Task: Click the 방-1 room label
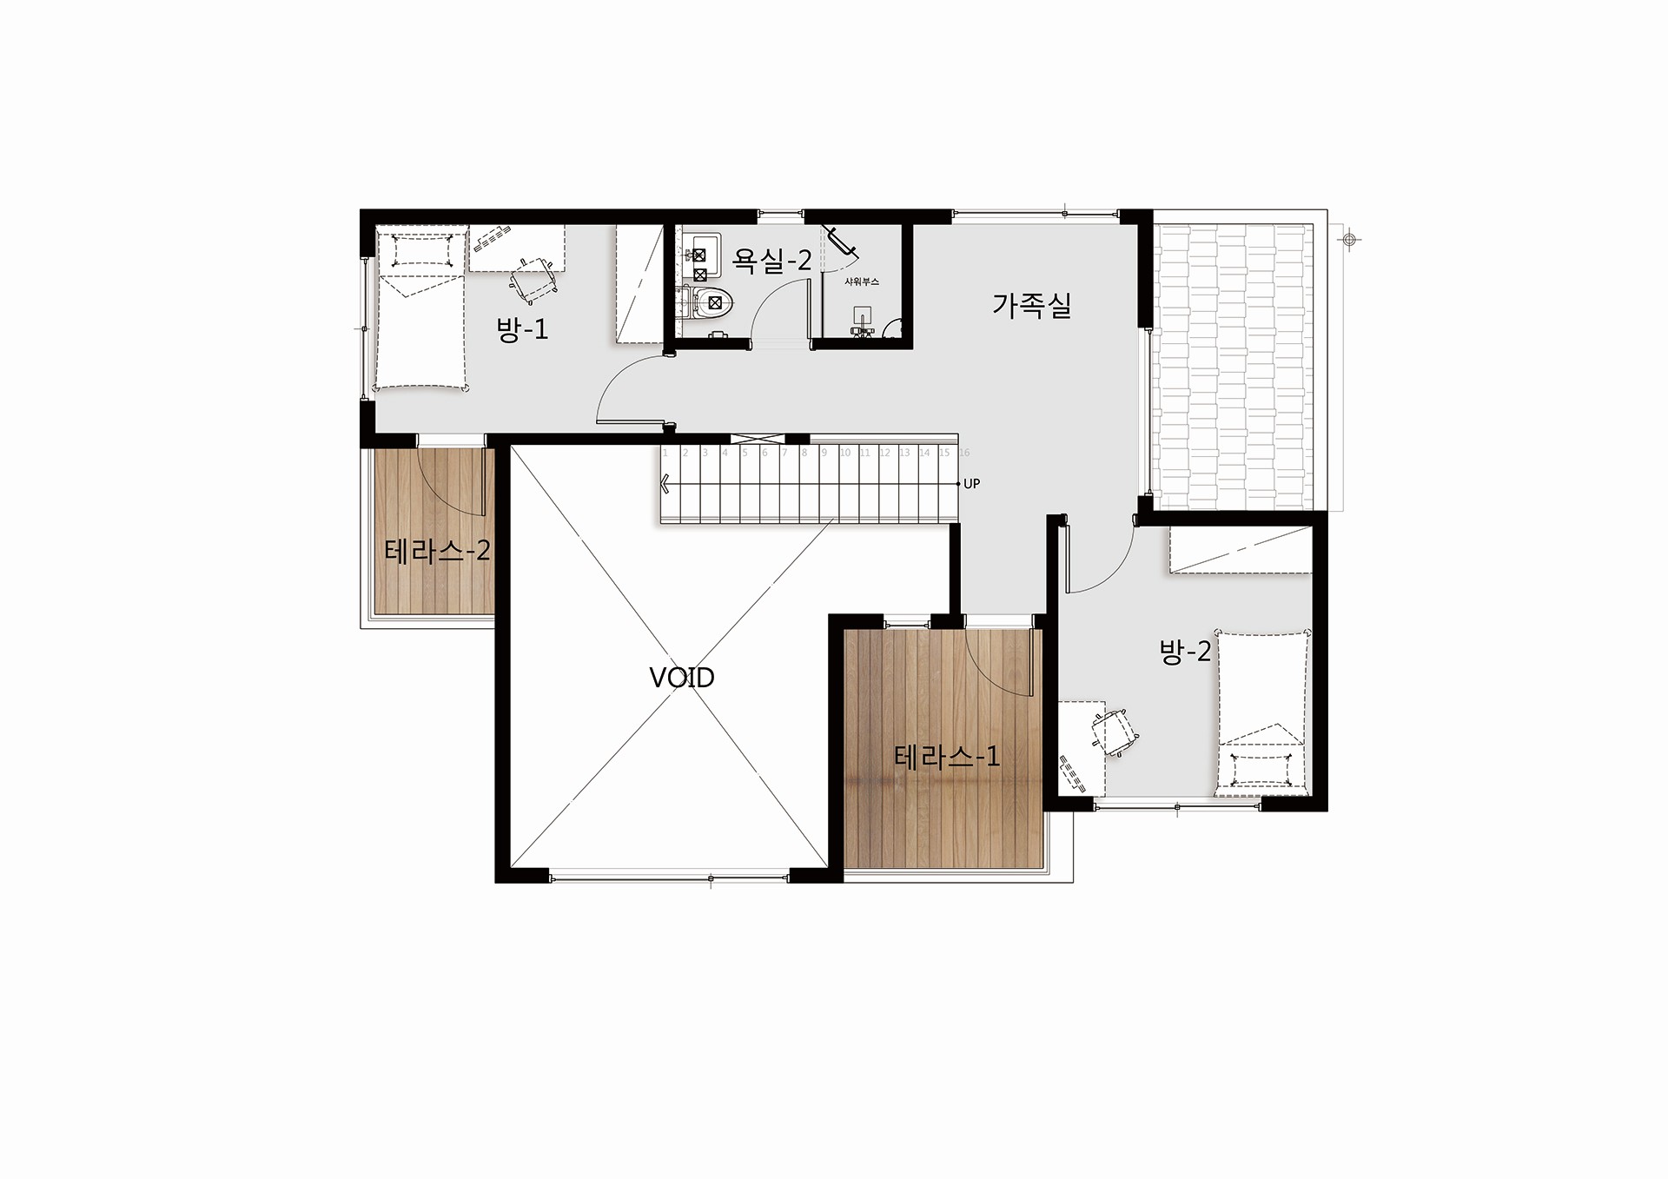pyautogui.click(x=522, y=329)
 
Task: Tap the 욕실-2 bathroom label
pyautogui.click(x=772, y=260)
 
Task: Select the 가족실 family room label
pyautogui.click(x=1032, y=305)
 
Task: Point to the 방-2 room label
pyautogui.click(x=1185, y=652)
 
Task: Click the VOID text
pyautogui.click(x=682, y=678)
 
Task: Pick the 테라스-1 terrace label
pyautogui.click(x=947, y=757)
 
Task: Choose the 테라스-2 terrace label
pyautogui.click(x=438, y=551)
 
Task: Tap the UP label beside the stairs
pyautogui.click(x=971, y=484)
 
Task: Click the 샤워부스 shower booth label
pyautogui.click(x=862, y=282)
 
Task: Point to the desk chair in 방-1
pyautogui.click(x=532, y=276)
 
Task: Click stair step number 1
pyautogui.click(x=665, y=453)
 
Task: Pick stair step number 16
pyautogui.click(x=964, y=453)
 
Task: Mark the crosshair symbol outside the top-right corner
pyautogui.click(x=1349, y=240)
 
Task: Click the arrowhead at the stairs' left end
pyautogui.click(x=665, y=484)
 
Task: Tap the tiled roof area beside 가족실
pyautogui.click(x=1232, y=367)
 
